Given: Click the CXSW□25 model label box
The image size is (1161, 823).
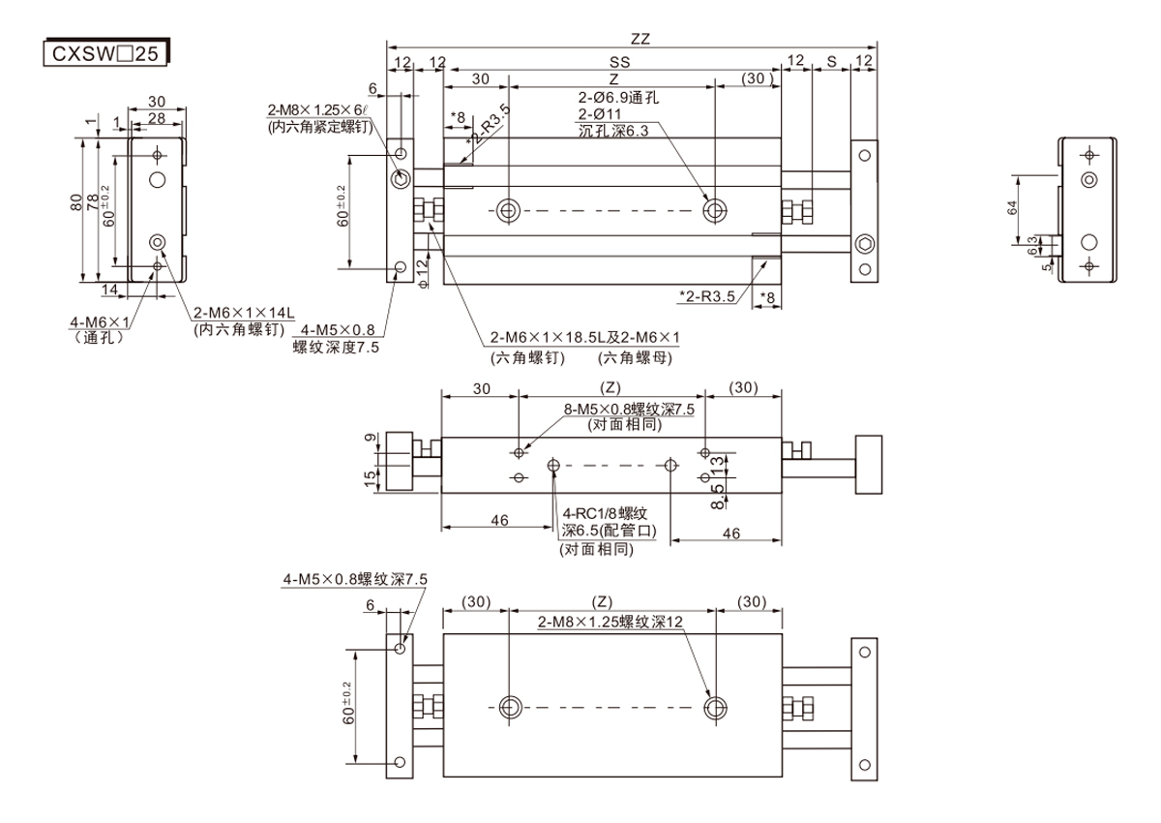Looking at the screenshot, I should click(106, 52).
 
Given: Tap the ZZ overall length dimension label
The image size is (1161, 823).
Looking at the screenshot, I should click(640, 40).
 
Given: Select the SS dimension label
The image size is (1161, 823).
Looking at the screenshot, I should click(613, 61).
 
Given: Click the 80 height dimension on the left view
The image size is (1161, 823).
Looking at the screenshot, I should click(76, 202).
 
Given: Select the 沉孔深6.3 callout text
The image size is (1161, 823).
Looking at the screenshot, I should click(613, 131).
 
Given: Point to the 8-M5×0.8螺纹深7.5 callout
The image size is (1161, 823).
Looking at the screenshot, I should click(628, 410).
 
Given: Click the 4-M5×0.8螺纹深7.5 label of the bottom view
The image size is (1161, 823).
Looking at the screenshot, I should click(354, 579).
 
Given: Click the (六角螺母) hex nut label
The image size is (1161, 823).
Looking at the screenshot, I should click(635, 357).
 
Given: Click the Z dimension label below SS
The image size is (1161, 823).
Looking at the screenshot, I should click(613, 77).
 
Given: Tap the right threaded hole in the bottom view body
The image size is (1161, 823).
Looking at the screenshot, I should click(716, 706).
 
